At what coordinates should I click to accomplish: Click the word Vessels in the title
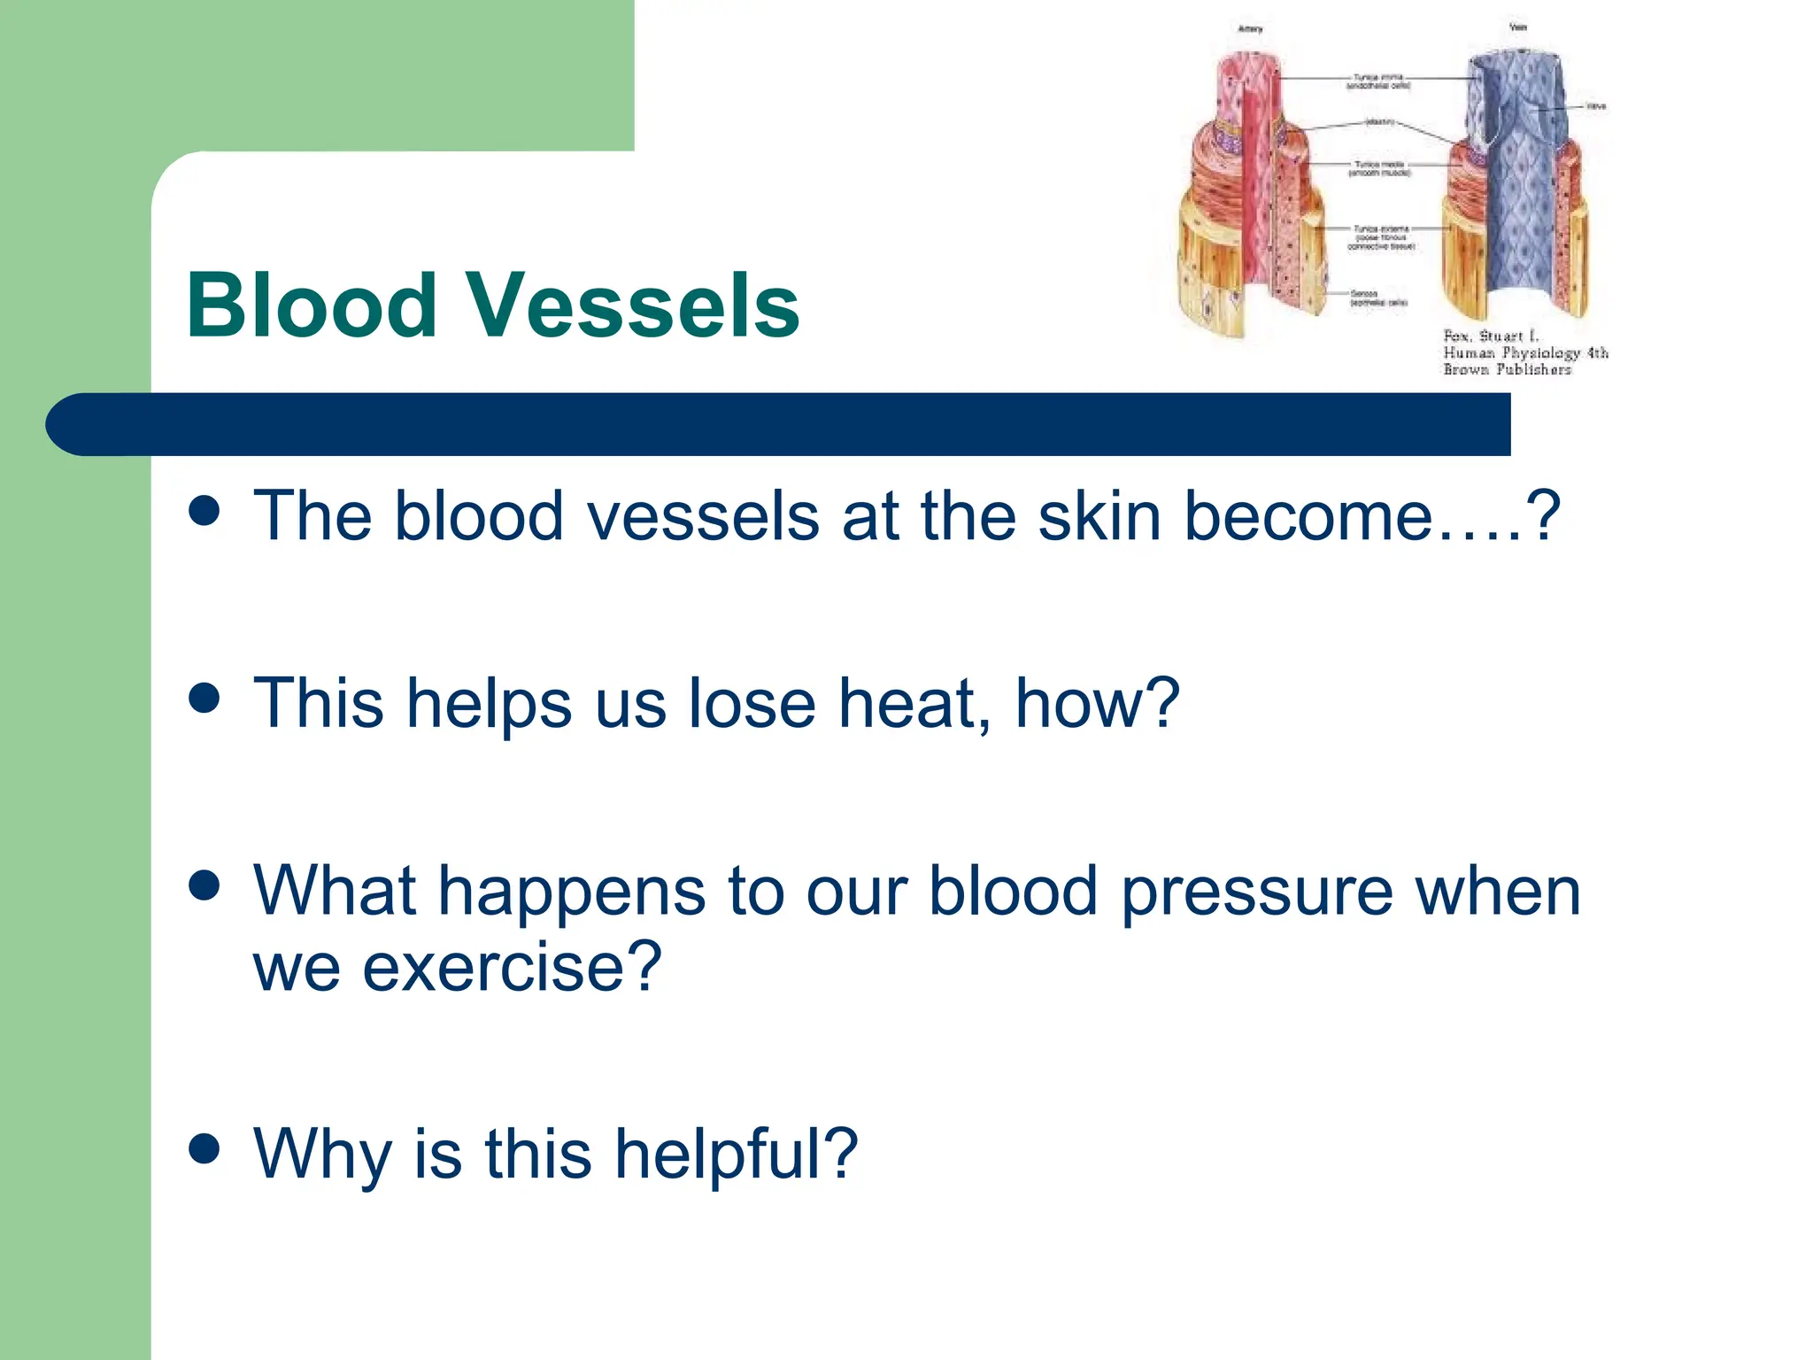[x=633, y=305]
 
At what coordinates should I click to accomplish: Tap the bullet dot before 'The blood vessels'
[x=204, y=511]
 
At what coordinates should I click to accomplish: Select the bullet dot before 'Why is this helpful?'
[x=204, y=1149]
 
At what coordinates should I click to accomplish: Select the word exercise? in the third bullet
[x=511, y=967]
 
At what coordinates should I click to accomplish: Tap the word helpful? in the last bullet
[x=736, y=1155]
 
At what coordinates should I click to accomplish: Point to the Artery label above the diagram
[x=1250, y=29]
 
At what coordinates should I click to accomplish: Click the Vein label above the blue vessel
[x=1517, y=27]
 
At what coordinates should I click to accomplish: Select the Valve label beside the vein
[x=1596, y=106]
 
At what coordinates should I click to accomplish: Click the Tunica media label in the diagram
[x=1378, y=168]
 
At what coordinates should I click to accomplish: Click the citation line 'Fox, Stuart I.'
[x=1492, y=336]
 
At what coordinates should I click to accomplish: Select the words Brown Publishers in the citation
[x=1507, y=369]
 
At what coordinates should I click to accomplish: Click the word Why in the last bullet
[x=322, y=1155]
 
